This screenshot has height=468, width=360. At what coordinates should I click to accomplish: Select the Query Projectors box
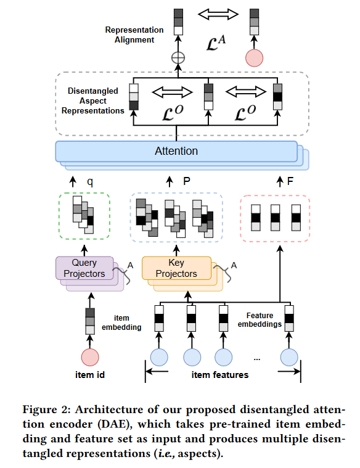click(x=84, y=268)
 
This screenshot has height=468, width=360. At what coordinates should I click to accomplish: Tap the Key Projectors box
click(x=176, y=268)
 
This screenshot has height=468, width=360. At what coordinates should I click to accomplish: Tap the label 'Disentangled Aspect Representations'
click(x=92, y=101)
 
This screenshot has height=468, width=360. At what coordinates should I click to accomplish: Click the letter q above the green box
click(x=90, y=182)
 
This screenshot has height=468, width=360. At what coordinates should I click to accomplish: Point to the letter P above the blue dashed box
click(x=186, y=182)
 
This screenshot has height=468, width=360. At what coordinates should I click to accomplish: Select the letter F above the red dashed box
click(x=290, y=182)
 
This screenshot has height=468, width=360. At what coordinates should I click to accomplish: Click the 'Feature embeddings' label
click(x=260, y=319)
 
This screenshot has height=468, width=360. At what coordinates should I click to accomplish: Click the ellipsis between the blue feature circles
click(x=256, y=358)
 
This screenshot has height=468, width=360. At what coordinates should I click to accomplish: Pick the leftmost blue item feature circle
click(x=160, y=357)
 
